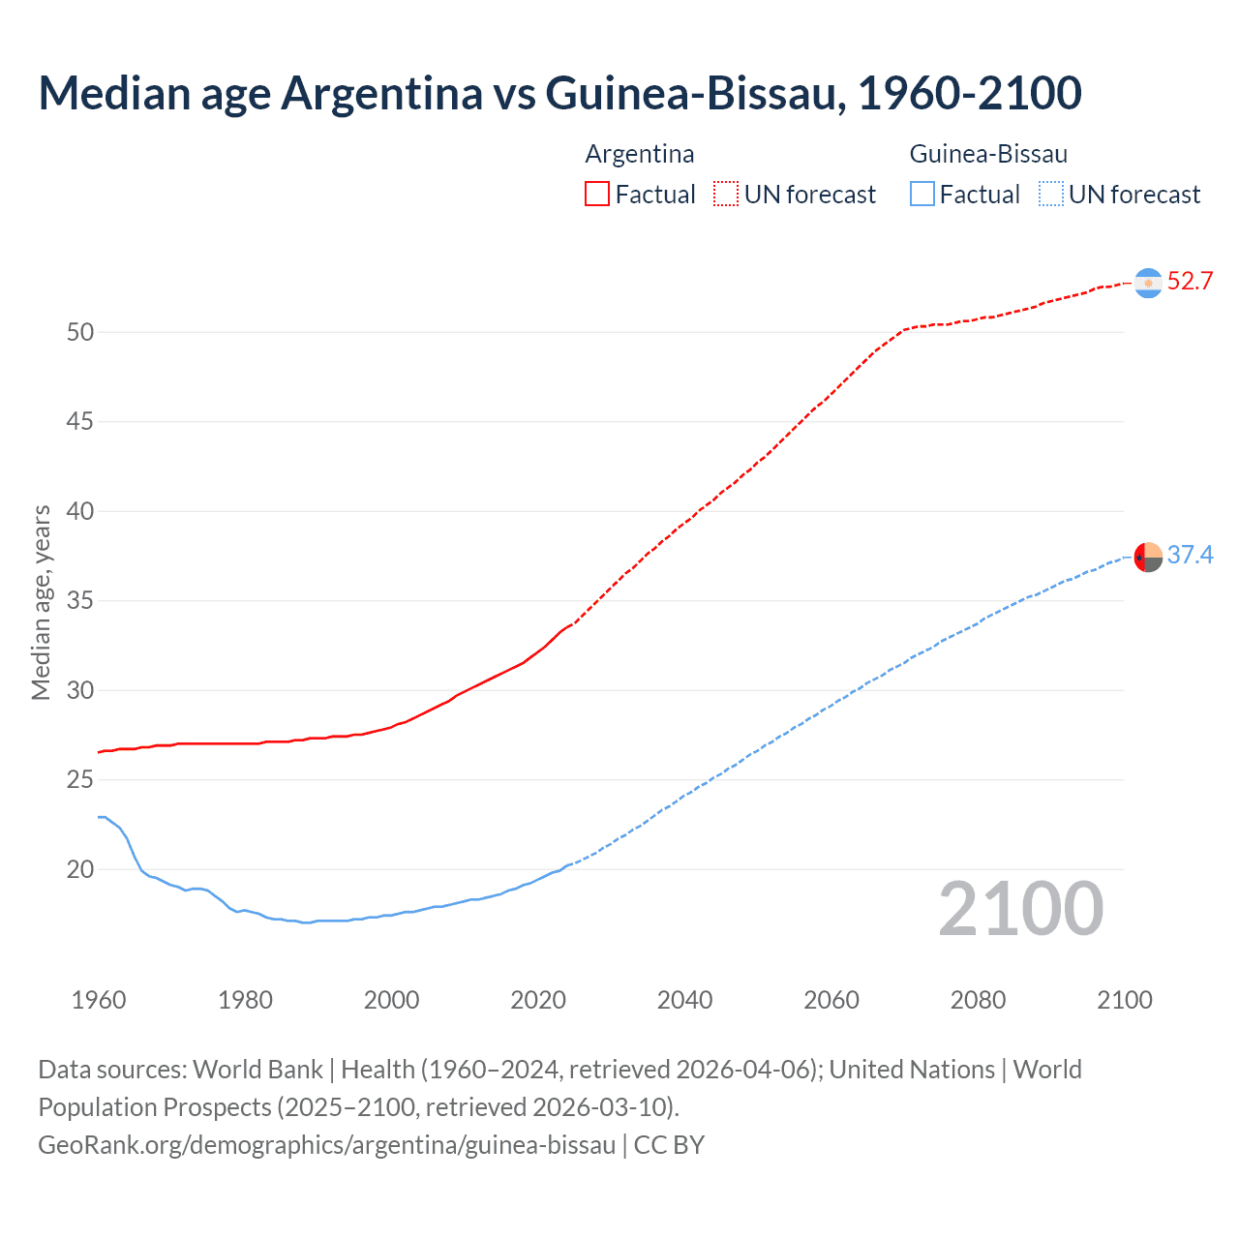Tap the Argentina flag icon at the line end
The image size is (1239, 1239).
tap(1148, 283)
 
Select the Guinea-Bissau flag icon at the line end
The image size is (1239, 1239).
tap(1148, 557)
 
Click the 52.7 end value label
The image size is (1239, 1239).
tap(1190, 282)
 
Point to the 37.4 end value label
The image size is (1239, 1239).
tap(1190, 555)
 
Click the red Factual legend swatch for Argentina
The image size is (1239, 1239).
tap(597, 195)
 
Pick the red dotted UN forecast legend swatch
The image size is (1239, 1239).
tap(726, 195)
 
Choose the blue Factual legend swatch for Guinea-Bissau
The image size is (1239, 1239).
tap(922, 195)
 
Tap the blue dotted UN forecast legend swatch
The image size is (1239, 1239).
tap(1050, 195)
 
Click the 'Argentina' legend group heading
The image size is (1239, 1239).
tap(640, 154)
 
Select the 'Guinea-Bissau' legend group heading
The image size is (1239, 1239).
tap(988, 154)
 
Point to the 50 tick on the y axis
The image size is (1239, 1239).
tap(80, 332)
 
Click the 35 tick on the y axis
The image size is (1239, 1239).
tap(80, 601)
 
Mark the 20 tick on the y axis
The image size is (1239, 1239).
tap(80, 869)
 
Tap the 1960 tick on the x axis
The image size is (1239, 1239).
tap(99, 1000)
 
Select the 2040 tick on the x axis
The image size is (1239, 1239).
tap(684, 1000)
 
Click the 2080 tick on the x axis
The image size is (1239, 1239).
tap(978, 1000)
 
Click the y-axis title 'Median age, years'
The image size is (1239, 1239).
tap(41, 602)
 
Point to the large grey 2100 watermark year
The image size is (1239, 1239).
tap(1020, 909)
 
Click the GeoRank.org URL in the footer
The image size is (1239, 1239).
tap(327, 1145)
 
